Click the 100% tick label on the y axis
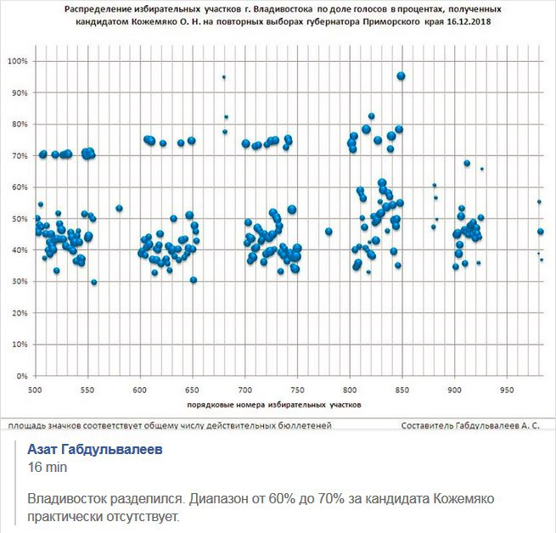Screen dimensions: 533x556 [x=17, y=61]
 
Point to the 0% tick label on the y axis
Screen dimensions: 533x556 [x=20, y=375]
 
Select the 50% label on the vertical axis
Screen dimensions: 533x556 [x=19, y=218]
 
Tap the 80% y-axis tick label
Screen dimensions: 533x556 [x=19, y=124]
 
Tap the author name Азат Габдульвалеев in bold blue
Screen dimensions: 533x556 [x=96, y=450]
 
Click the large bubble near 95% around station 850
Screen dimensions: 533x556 [x=402, y=76]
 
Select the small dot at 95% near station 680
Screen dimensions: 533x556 [x=224, y=77]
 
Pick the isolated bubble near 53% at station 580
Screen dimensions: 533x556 [x=120, y=208]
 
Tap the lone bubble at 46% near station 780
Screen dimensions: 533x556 [x=329, y=231]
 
